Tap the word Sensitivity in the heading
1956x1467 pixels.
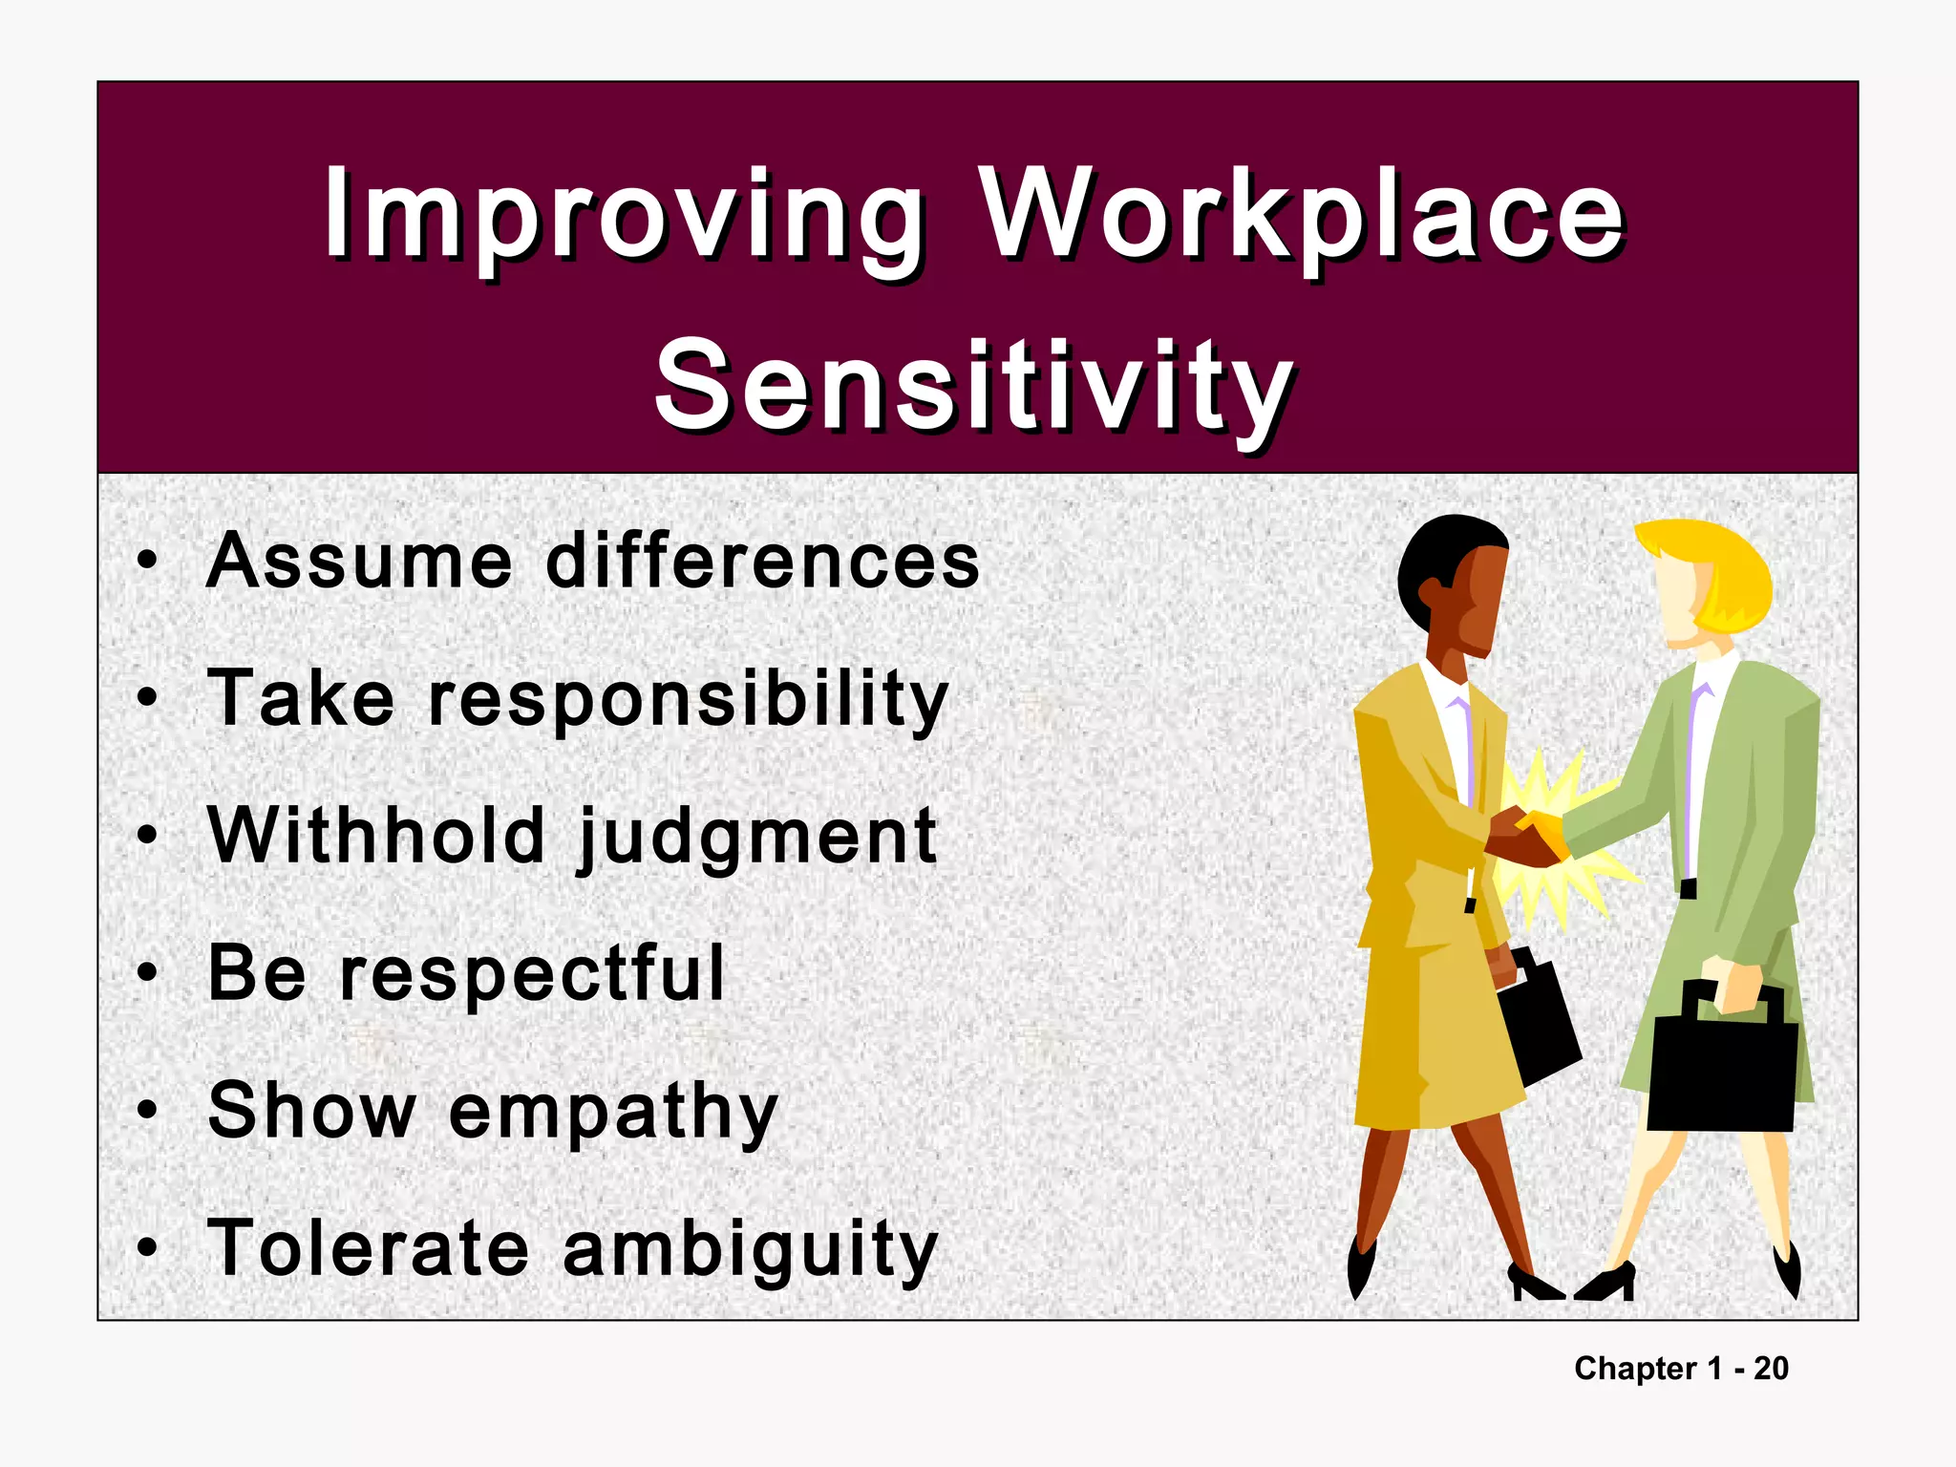coord(974,387)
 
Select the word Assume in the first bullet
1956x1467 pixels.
coord(360,561)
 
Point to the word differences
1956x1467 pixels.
coord(762,561)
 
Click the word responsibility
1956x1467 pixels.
coord(688,699)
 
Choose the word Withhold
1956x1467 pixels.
coord(376,836)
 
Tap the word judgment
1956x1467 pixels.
coord(757,838)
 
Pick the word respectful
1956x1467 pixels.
coord(533,974)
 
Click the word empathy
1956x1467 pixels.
coord(613,1113)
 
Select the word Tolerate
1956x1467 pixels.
coord(368,1248)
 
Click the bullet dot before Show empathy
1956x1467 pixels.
coord(146,1111)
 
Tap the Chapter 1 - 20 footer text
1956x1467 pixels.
coord(1681,1369)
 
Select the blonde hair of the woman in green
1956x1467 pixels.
coord(1719,573)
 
